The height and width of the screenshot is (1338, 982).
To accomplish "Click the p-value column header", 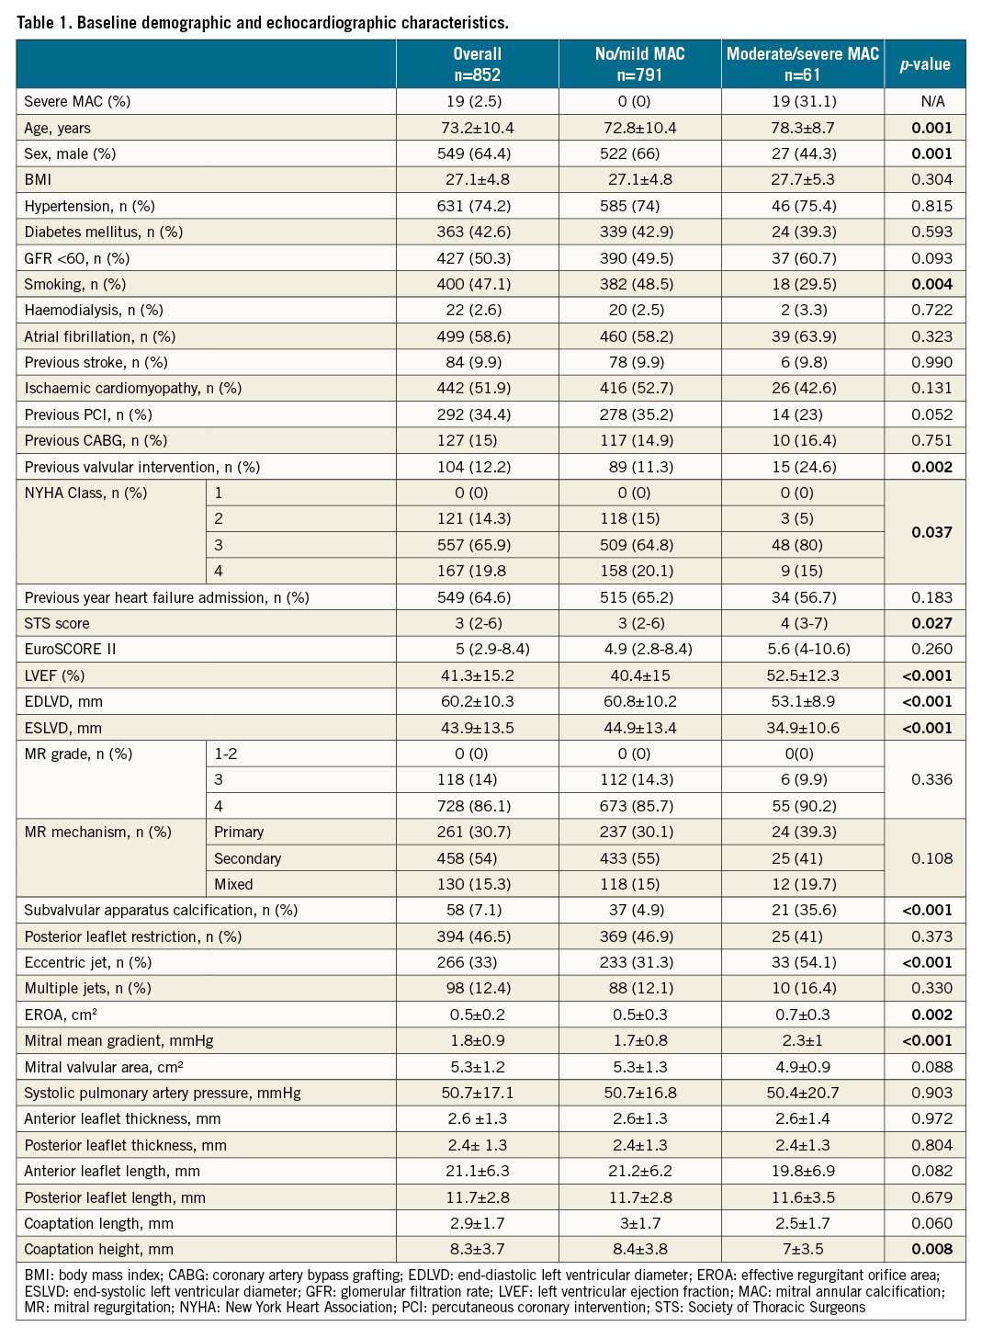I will (x=924, y=64).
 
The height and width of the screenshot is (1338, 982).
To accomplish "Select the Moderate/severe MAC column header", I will (x=802, y=64).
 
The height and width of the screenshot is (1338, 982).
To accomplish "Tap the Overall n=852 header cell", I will (x=477, y=64).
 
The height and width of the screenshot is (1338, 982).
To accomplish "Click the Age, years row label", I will (x=58, y=128).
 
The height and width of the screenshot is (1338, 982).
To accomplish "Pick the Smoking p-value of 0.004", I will (x=931, y=284).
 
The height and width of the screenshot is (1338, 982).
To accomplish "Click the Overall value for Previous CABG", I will (x=477, y=440).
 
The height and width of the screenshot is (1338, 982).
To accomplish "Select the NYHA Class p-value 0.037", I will (x=931, y=532).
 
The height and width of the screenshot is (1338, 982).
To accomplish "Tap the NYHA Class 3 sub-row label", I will (x=219, y=545).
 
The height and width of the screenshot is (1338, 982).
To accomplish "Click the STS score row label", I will (x=57, y=623).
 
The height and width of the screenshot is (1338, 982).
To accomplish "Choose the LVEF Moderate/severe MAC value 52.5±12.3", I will (x=803, y=675).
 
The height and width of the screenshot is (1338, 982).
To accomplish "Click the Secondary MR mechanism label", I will (x=247, y=858).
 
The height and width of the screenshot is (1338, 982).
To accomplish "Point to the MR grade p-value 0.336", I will (x=931, y=779).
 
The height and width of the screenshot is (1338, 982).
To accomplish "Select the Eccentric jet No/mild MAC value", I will (x=639, y=962).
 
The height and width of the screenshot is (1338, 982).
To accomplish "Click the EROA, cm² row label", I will (x=62, y=1015).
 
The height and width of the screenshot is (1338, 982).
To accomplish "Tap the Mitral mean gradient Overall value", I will (x=477, y=1040).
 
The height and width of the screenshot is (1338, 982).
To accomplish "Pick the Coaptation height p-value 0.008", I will (x=931, y=1249).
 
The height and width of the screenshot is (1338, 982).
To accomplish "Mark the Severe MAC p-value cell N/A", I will (x=931, y=101).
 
